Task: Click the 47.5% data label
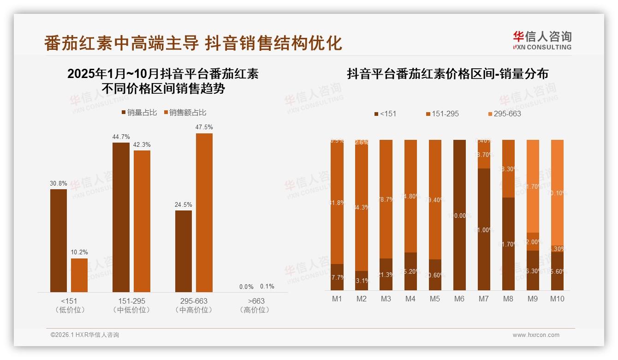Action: pos(204,127)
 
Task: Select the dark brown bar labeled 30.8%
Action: pos(59,240)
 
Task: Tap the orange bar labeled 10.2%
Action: pos(79,275)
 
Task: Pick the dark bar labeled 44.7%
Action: pos(121,217)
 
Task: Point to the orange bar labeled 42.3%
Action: pos(142,221)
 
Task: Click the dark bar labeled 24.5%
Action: pos(184,251)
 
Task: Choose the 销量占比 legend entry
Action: pos(139,113)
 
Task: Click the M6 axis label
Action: pos(459,299)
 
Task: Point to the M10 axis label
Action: pos(557,299)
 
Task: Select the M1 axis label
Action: pos(337,299)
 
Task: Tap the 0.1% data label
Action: pos(267,286)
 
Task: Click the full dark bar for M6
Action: pos(459,215)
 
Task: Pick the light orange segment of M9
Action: pos(533,186)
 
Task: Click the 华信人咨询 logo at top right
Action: pos(542,40)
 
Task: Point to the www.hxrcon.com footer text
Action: pos(536,335)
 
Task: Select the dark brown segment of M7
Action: pos(484,229)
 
